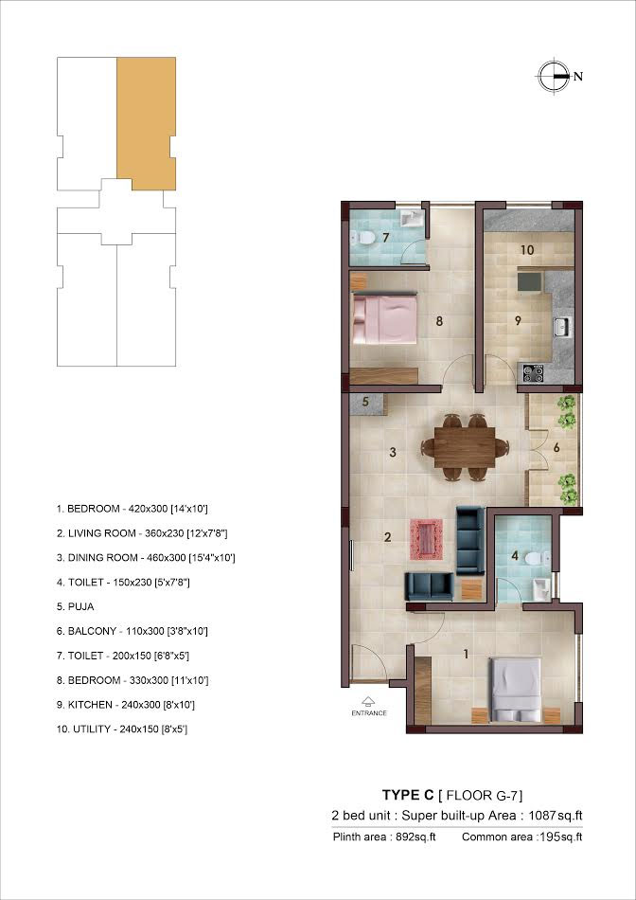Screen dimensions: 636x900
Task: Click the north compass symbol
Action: click(554, 76)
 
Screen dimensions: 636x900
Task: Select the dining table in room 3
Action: click(465, 446)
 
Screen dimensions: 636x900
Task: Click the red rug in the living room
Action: click(426, 539)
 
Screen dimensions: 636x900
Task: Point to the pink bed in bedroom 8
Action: click(383, 319)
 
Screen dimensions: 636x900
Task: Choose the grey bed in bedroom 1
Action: click(515, 689)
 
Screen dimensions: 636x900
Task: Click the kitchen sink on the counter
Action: click(561, 327)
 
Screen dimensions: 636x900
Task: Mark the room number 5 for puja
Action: click(365, 402)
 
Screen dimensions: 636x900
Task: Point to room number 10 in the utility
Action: click(527, 250)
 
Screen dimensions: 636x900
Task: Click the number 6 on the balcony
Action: click(556, 446)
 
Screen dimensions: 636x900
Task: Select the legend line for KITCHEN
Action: click(124, 704)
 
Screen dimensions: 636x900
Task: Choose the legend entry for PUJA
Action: click(75, 606)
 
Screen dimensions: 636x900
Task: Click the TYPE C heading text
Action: click(408, 795)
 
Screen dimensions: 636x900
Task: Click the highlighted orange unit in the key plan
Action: click(147, 123)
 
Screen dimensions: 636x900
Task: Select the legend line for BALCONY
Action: click(132, 631)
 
